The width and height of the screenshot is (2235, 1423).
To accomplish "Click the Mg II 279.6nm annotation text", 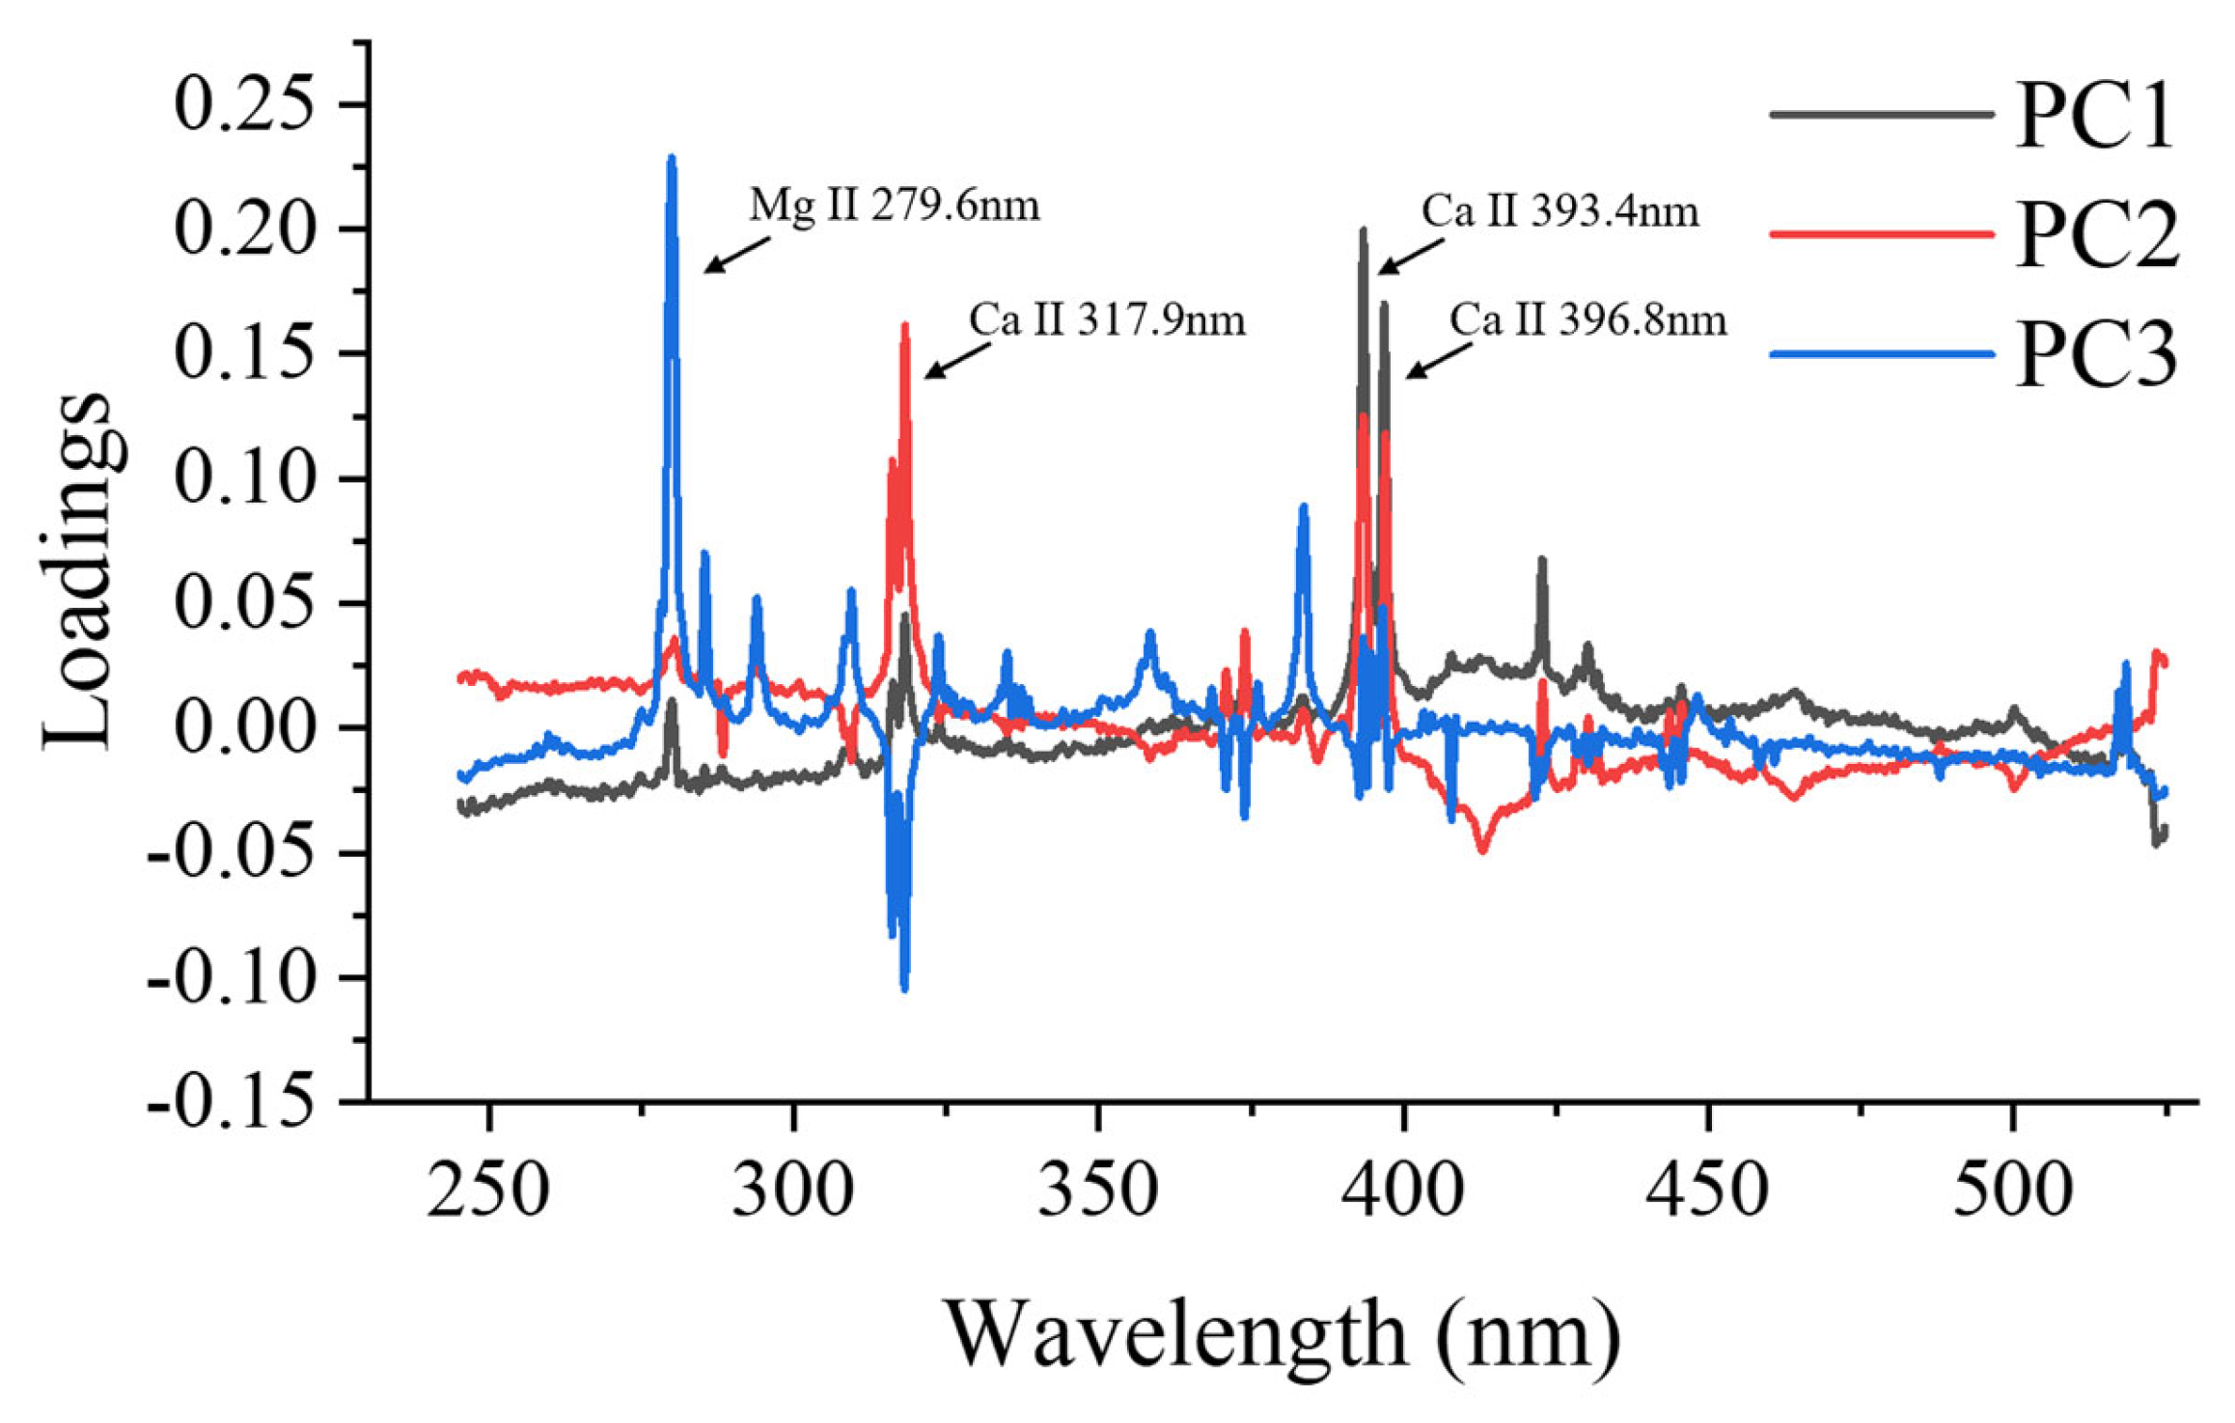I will point(895,205).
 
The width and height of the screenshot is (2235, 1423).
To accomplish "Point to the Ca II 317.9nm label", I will point(1107,320).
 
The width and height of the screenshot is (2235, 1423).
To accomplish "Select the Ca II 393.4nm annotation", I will point(1559,211).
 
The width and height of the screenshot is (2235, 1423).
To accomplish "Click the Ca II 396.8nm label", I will point(1587,320).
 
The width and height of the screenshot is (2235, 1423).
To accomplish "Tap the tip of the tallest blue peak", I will point(672,157).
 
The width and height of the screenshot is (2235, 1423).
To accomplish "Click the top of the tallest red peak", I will point(904,325).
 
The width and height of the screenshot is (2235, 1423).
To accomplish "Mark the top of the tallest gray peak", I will point(1363,231).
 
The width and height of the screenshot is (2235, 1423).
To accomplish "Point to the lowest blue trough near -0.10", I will point(904,988).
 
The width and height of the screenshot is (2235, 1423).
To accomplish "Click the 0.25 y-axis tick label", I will point(244,104).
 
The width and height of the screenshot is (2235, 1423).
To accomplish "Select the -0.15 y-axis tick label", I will point(231,1101).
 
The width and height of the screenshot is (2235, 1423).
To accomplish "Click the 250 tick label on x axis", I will point(489,1190).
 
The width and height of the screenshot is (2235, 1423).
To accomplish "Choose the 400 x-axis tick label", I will point(1403,1190).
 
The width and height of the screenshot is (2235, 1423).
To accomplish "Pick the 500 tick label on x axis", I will point(2012,1190).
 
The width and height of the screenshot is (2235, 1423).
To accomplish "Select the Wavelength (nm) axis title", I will point(1281,1335).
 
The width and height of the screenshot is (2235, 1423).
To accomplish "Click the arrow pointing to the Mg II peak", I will point(737,254).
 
